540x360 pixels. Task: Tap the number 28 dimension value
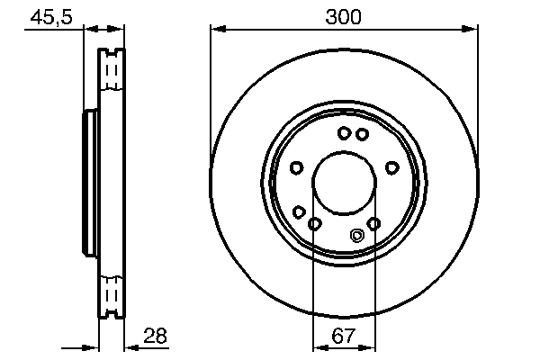point(155,336)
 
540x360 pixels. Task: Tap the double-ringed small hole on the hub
point(356,236)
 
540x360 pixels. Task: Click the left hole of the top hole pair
point(345,134)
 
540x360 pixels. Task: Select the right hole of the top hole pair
point(362,134)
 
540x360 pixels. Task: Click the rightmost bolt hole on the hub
point(391,167)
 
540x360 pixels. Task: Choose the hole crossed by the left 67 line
point(314,223)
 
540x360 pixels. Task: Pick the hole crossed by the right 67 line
point(374,223)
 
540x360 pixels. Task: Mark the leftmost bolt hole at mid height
point(296,167)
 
